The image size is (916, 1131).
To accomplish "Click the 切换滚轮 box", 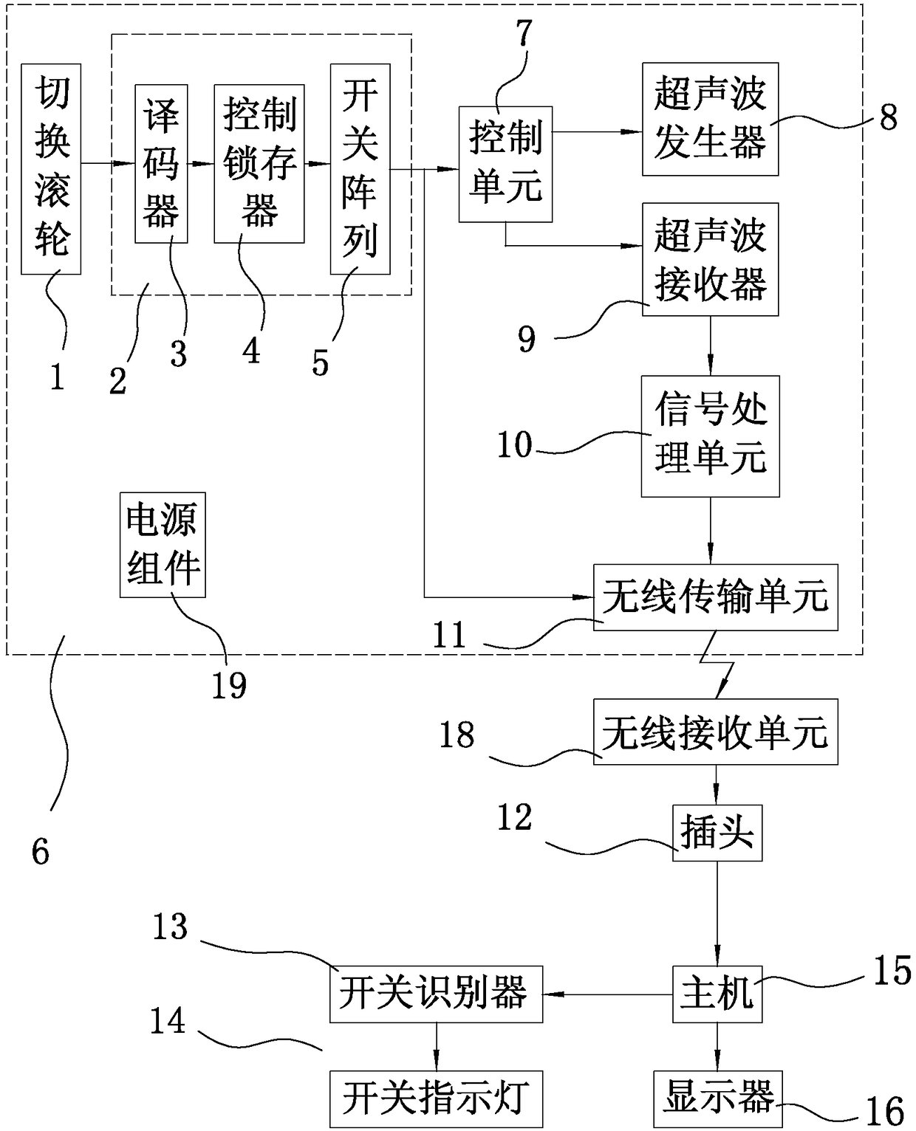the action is coord(51,169).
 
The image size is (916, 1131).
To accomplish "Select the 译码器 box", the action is coord(161,164).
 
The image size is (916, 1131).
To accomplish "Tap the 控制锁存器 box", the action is coord(259,164).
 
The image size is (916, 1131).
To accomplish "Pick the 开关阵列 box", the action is coord(360,169).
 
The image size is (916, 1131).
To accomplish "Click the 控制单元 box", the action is coord(505,164).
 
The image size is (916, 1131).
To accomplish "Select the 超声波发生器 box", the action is coord(711,119).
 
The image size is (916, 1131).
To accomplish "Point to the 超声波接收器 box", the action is coord(711,259).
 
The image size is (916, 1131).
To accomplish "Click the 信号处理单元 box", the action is coord(711,436).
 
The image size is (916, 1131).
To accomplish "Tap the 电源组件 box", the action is coord(163,545).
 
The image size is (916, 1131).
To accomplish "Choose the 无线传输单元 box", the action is coord(716,597).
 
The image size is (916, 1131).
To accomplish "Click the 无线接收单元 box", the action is coord(716,732).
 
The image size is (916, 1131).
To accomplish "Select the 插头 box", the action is coord(717,833).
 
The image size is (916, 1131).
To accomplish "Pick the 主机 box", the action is coord(717,994).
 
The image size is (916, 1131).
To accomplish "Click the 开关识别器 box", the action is coord(437,994).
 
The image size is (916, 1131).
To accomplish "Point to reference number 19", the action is coord(229,685).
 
